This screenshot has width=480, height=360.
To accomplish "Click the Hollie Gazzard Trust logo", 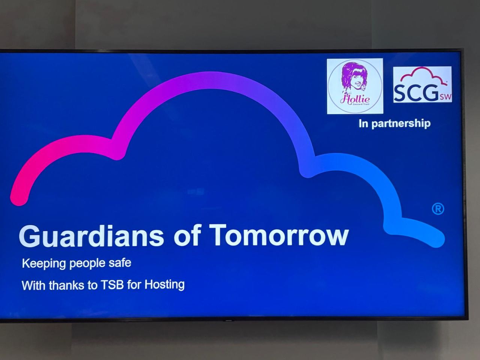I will [x=355, y=86].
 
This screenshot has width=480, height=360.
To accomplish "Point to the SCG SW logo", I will [x=422, y=85].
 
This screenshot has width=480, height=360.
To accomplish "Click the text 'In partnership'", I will [x=394, y=123].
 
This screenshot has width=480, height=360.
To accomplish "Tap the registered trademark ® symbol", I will [x=438, y=209].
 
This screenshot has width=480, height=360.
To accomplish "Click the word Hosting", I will [x=165, y=285].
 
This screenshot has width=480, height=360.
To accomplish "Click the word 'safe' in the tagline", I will [x=120, y=262].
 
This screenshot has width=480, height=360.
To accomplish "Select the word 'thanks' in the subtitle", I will [x=66, y=286].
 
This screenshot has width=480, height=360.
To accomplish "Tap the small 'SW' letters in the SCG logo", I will [x=445, y=97].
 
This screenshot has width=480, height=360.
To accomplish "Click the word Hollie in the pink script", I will [x=355, y=99].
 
